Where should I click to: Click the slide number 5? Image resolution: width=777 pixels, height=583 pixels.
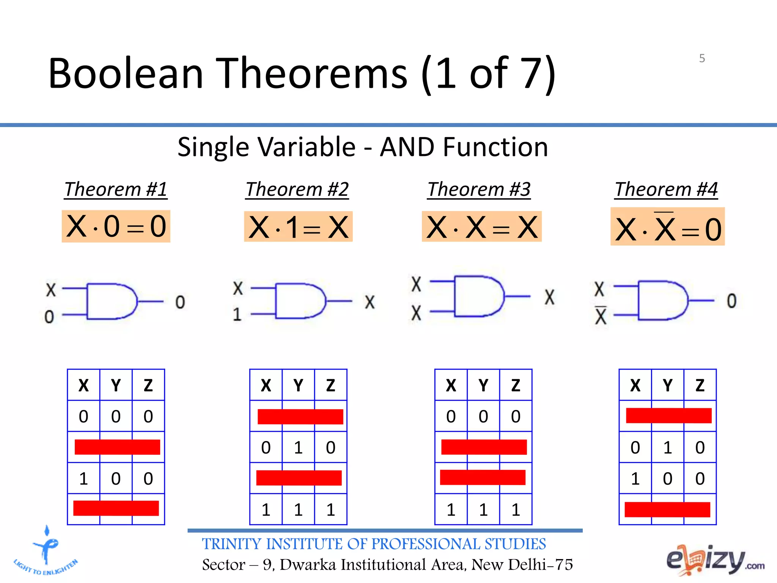[x=702, y=58]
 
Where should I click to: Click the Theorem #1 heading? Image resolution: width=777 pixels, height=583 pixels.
[x=116, y=189]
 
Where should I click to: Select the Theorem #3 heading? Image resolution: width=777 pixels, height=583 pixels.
[x=479, y=189]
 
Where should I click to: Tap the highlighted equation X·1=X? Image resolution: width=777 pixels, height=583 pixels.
[x=298, y=227]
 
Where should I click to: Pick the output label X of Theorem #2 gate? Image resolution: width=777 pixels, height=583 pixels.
[x=370, y=303]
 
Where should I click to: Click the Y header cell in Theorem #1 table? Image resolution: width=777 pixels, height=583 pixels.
[x=116, y=385]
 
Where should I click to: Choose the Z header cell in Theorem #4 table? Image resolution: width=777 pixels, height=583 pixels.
[x=700, y=385]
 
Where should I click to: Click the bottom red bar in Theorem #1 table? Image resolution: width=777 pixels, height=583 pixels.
[x=116, y=508]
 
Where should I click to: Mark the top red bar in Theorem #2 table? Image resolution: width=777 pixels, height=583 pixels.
[x=300, y=416]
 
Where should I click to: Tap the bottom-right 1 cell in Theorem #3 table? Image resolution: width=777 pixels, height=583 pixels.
[x=516, y=509]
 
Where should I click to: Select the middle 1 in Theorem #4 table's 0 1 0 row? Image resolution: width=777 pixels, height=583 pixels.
[x=668, y=447]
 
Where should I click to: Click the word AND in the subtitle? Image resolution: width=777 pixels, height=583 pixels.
[x=407, y=147]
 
